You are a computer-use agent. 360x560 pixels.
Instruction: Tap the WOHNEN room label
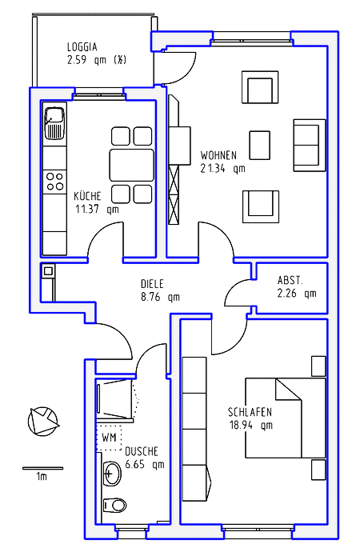pyautogui.click(x=218, y=154)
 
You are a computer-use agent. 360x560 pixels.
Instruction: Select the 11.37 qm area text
pyautogui.click(x=96, y=210)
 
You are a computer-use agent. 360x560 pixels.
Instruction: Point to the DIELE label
pyautogui.click(x=153, y=283)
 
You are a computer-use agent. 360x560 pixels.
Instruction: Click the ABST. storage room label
pyautogui.click(x=290, y=280)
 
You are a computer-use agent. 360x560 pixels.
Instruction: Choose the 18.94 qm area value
pyautogui.click(x=250, y=425)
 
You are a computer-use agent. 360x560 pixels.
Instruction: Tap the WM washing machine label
pyautogui.click(x=110, y=439)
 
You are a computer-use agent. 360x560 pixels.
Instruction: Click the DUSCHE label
pyautogui.click(x=142, y=450)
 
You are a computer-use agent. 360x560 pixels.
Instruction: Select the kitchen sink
pyautogui.click(x=55, y=124)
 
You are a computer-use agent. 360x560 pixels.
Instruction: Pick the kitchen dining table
pyautogui.click(x=131, y=165)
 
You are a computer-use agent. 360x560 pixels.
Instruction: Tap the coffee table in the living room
pyautogui.click(x=260, y=146)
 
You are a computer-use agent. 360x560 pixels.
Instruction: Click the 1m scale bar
pyautogui.click(x=42, y=468)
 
